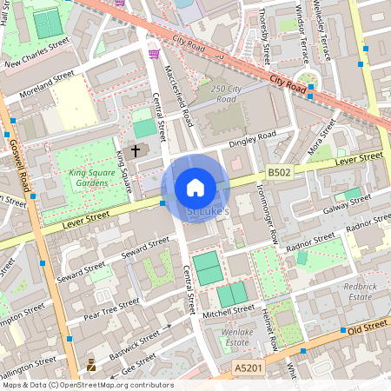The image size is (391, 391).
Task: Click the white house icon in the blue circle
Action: coord(195,188)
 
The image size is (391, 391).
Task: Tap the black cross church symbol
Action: coord(135,151)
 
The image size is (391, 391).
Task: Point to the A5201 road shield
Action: coord(247,370)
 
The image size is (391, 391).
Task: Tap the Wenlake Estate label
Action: coord(237,336)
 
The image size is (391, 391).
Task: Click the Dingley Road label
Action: coord(252,139)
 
